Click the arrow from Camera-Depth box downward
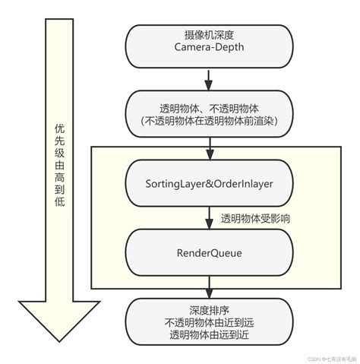(207, 78)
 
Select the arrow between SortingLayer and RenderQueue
(207, 220)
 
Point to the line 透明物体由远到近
(207, 334)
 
